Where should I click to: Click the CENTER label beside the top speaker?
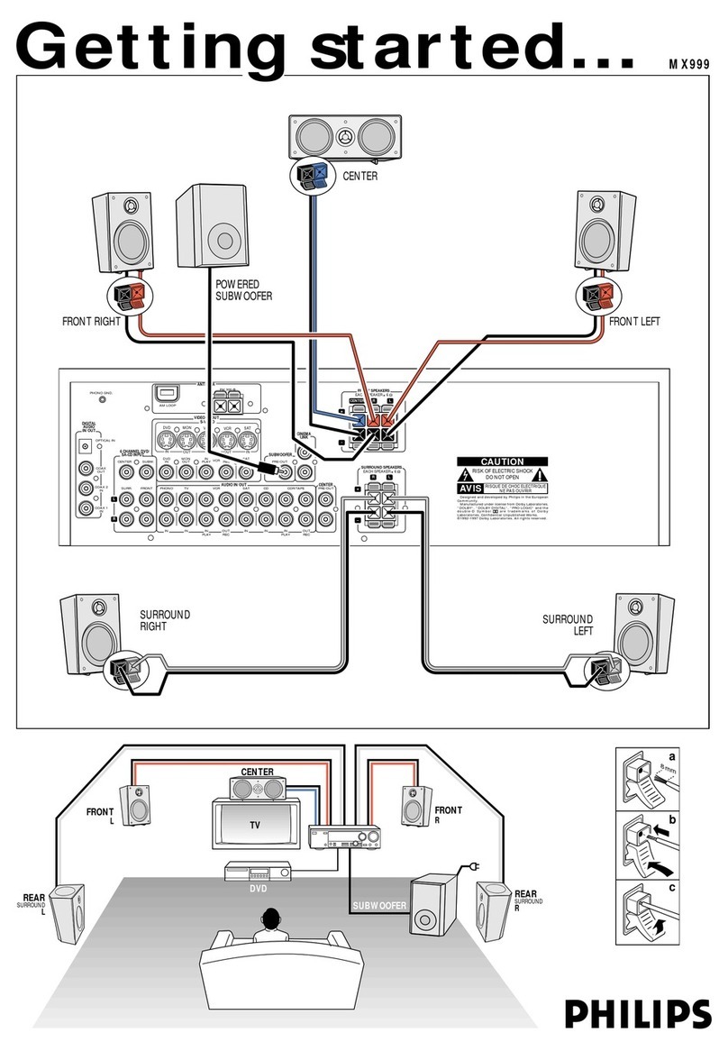(x=359, y=177)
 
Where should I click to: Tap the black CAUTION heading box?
(x=502, y=462)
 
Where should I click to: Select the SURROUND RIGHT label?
(x=164, y=621)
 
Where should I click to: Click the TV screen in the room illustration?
(x=255, y=825)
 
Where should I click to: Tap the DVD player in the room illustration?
(x=255, y=872)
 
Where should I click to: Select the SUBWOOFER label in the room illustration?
(x=379, y=905)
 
